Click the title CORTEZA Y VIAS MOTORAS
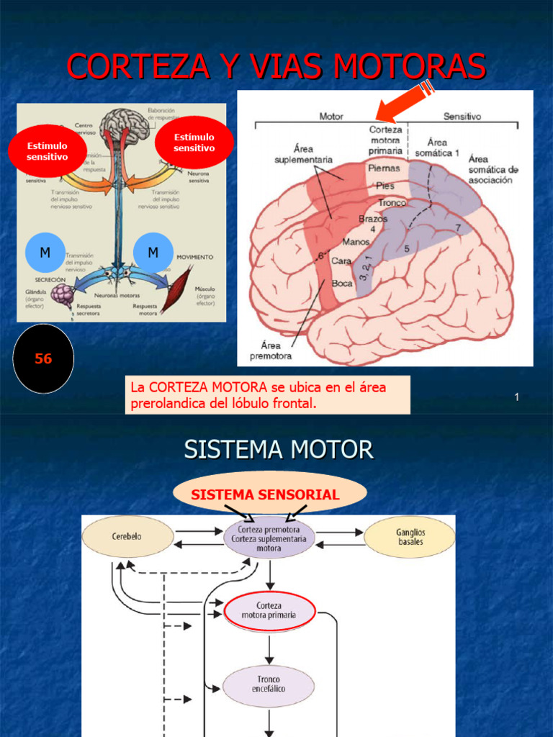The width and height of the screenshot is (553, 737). click(x=276, y=67)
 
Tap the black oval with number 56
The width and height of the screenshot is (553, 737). click(x=43, y=358)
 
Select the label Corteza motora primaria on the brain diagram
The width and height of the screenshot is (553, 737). click(x=385, y=140)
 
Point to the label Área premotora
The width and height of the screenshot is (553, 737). click(x=271, y=351)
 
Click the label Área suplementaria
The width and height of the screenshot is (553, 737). click(x=303, y=154)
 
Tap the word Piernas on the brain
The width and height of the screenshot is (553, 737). click(x=384, y=168)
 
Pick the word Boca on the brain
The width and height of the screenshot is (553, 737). click(x=341, y=283)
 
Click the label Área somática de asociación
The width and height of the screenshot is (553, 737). click(x=493, y=169)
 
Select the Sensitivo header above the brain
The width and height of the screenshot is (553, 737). click(x=462, y=115)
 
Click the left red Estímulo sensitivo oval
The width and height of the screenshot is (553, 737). click(x=47, y=151)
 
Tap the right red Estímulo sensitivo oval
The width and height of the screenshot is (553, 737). click(x=194, y=143)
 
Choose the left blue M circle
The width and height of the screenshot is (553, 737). click(x=45, y=253)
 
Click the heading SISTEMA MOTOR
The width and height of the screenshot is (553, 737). click(x=279, y=450)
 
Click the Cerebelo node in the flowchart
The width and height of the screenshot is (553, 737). click(x=127, y=537)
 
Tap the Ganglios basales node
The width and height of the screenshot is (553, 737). click(x=410, y=537)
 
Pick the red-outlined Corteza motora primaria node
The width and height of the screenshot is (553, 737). click(x=269, y=610)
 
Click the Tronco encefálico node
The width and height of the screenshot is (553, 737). click(x=269, y=684)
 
